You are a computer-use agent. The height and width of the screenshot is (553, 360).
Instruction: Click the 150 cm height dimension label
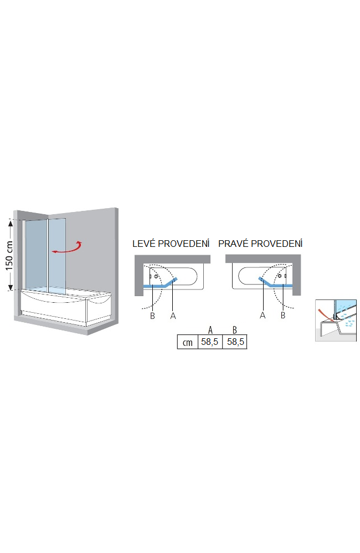pos(9,255)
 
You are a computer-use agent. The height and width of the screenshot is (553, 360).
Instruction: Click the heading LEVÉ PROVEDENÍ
pos(171,244)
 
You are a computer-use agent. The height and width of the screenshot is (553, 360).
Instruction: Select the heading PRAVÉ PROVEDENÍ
pos(260,244)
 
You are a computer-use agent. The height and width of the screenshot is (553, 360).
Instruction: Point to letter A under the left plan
pos(173,316)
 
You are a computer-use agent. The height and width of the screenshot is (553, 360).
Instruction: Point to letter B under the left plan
pos(152,316)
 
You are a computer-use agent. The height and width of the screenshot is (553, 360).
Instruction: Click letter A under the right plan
pos(263,316)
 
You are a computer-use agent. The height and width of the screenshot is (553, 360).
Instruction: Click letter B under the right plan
pos(283,316)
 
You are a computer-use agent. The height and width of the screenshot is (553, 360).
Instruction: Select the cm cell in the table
pos(187,342)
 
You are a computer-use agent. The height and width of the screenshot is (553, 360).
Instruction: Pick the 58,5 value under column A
pos(210,342)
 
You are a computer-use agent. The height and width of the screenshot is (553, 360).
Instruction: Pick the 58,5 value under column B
pos(235,342)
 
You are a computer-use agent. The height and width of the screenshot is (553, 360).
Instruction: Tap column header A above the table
pos(210,330)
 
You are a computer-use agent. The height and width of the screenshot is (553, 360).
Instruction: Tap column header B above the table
pos(235,330)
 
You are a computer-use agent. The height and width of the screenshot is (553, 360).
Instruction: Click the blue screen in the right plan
pos(276,285)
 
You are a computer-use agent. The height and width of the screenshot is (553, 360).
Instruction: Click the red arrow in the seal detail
pos(326,315)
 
